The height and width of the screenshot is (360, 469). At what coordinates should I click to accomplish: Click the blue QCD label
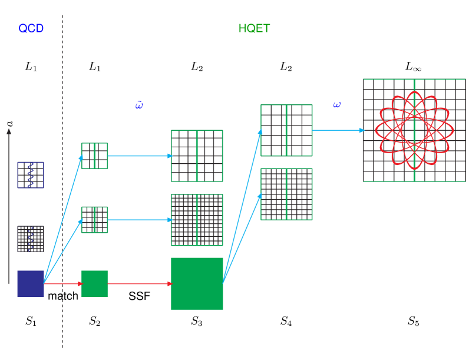tap(31, 28)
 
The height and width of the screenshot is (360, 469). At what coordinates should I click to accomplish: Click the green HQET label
tap(254, 28)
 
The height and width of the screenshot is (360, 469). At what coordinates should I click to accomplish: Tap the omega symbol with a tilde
tap(139, 105)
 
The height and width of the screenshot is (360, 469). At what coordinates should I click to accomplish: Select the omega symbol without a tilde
tap(336, 105)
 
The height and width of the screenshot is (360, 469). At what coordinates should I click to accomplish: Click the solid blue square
tap(31, 283)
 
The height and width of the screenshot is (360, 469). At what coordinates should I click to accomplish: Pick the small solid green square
tap(94, 283)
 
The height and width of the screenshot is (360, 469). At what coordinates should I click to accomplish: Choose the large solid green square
tap(197, 283)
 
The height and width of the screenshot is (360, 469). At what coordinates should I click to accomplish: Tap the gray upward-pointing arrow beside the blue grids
tap(9, 206)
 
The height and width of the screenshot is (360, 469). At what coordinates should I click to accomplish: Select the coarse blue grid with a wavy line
tap(31, 175)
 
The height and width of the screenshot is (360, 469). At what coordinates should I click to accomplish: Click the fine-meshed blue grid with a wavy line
tap(31, 239)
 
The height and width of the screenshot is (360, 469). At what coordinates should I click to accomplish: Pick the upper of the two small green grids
tap(94, 156)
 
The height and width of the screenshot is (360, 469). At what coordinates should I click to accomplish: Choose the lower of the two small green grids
tap(94, 220)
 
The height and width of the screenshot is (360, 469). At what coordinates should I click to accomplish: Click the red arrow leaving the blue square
tap(62, 284)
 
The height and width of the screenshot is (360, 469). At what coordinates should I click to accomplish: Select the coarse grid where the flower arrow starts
tap(286, 130)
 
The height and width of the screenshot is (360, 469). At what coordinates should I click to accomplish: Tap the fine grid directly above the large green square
tap(197, 220)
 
